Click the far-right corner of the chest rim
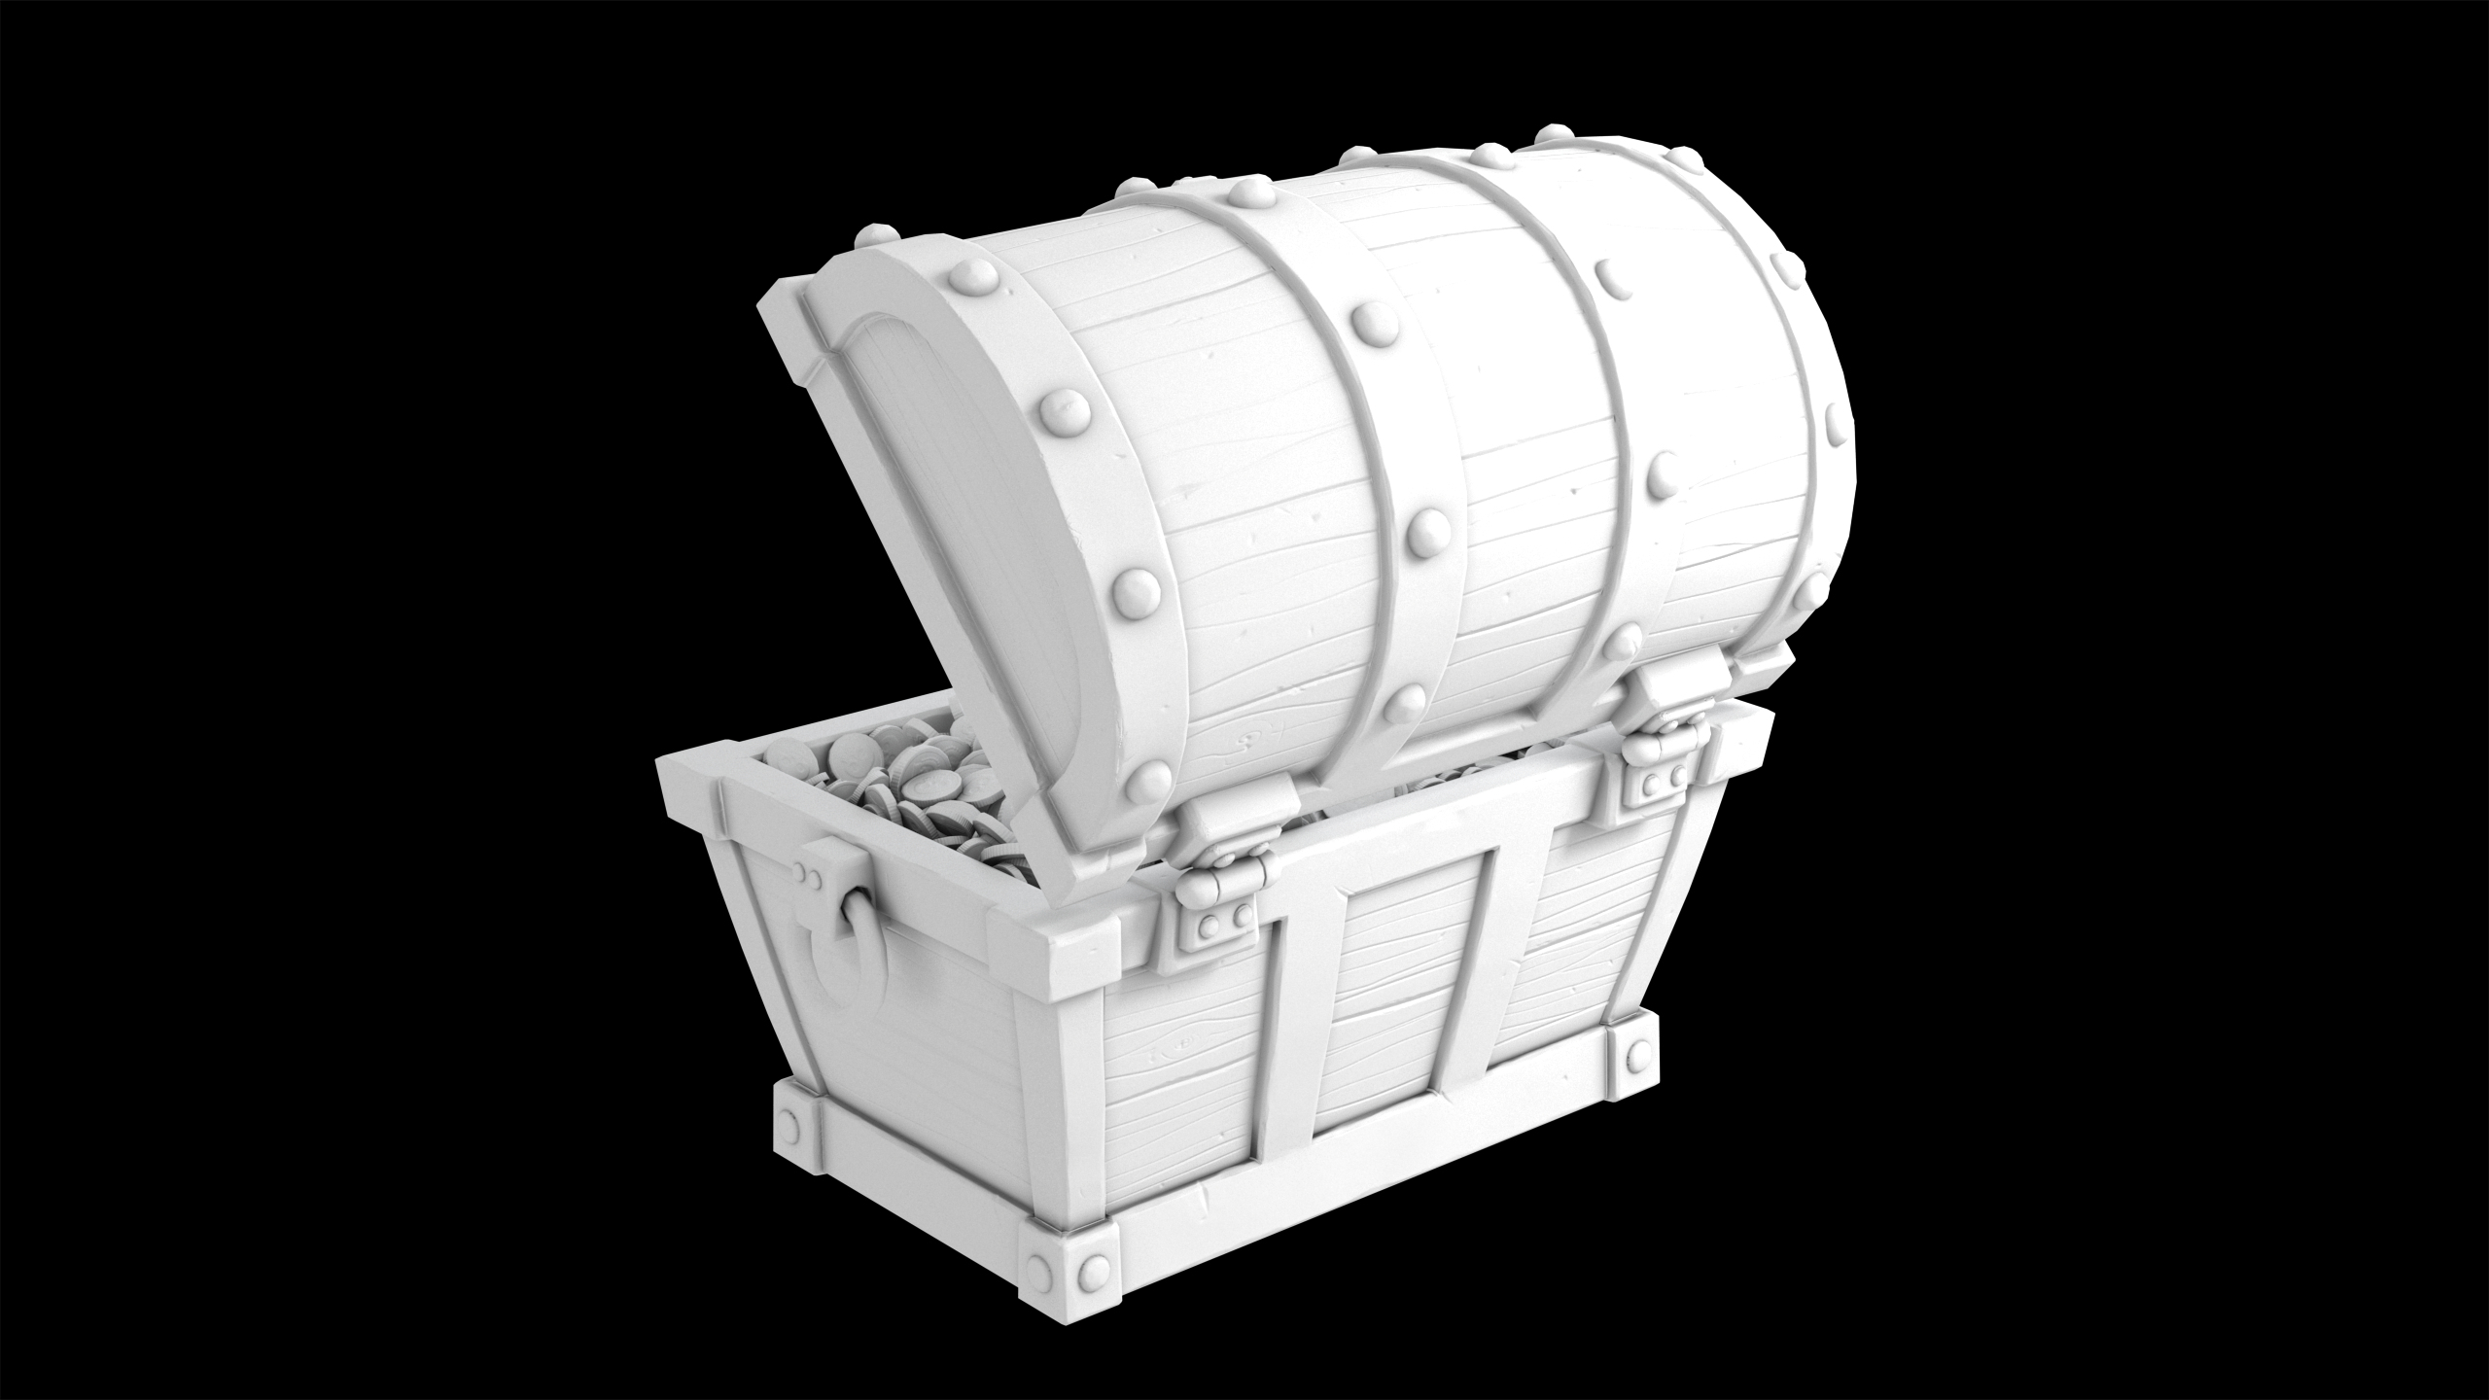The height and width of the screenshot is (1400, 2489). pyautogui.click(x=1755, y=719)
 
